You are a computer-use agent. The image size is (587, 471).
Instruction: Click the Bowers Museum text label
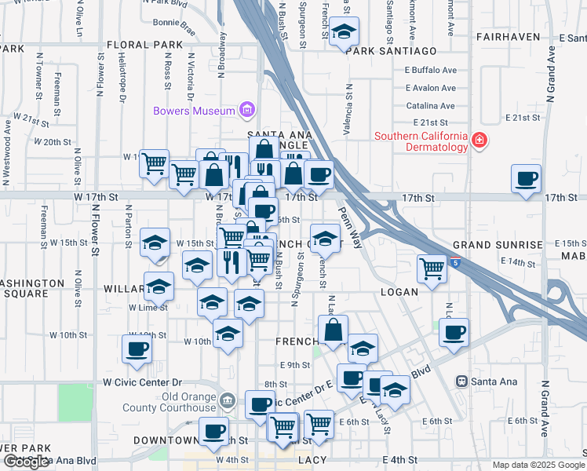pyautogui.click(x=194, y=111)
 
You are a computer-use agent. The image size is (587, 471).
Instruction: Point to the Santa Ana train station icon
pyautogui.click(x=463, y=382)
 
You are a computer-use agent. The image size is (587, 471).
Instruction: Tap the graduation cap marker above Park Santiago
pyautogui.click(x=343, y=32)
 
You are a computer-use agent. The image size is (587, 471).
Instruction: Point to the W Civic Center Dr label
pyautogui.click(x=142, y=382)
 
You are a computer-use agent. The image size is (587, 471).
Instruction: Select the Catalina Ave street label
pyautogui.click(x=430, y=106)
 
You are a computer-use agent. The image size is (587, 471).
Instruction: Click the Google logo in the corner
pyautogui.click(x=26, y=462)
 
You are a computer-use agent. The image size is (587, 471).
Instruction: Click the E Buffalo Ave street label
pyautogui.click(x=430, y=70)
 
